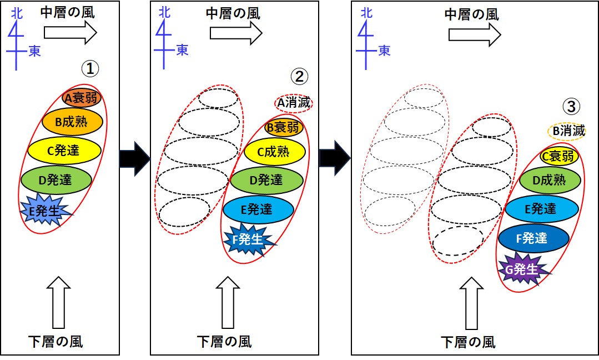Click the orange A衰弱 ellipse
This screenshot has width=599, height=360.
tap(81, 98)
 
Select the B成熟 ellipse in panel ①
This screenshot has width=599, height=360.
tap(72, 122)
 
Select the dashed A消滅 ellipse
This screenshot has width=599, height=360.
tap(294, 103)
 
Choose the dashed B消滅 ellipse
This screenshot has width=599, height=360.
tap(566, 131)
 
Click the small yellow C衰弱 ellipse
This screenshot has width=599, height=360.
tap(559, 156)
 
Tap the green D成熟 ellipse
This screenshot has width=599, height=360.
tap(550, 180)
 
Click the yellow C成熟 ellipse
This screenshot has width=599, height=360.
tap(274, 151)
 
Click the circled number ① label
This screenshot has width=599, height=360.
tap(90, 68)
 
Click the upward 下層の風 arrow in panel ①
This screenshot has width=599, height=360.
tap(59, 303)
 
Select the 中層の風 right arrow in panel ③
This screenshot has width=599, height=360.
tap(475, 34)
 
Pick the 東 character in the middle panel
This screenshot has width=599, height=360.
tap(182, 50)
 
